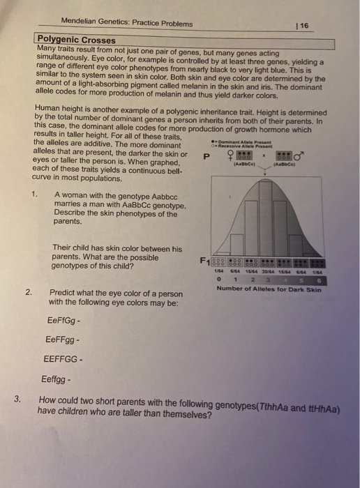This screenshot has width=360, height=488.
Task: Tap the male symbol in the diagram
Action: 301,155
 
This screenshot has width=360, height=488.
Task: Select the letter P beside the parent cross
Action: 205,157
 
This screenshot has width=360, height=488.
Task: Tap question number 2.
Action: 29,293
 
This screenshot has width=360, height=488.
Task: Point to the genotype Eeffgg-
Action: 59,381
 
